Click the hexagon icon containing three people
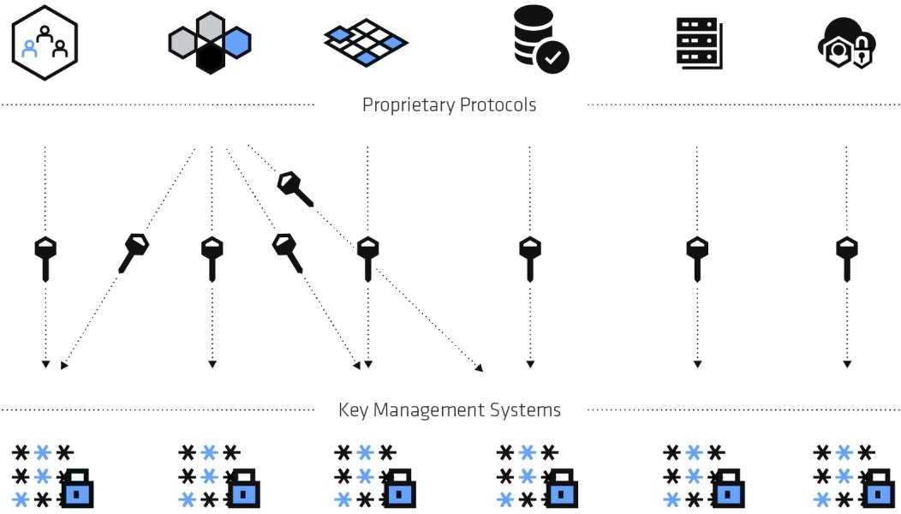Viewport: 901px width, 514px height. (45, 43)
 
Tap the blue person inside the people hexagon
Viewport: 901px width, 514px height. (30, 48)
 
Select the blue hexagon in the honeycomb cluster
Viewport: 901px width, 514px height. (236, 42)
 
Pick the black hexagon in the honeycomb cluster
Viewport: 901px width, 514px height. (210, 58)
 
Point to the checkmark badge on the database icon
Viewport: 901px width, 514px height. (553, 58)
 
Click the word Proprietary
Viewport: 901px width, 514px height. (408, 105)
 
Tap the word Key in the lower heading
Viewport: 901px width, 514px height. (353, 410)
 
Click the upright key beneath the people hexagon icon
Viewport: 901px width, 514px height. (45, 258)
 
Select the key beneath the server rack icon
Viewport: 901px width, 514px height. (697, 258)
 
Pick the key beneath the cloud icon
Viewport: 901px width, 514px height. (847, 258)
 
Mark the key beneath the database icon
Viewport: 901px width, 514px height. (530, 258)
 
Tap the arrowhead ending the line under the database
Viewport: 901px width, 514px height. (530, 365)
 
